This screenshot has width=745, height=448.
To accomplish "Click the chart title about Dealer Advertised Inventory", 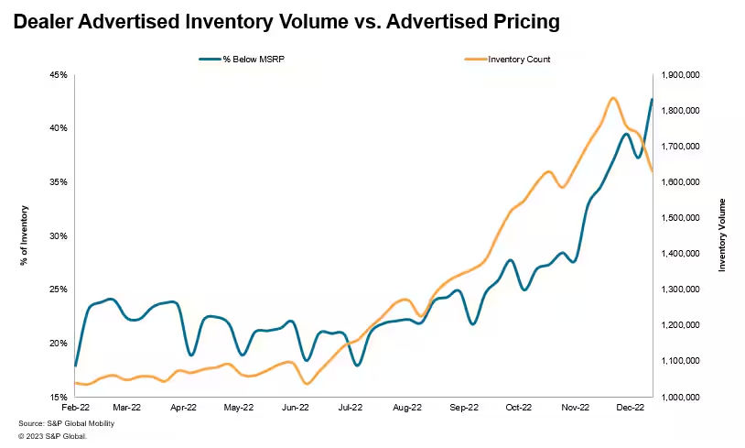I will pyautogui.click(x=286, y=21).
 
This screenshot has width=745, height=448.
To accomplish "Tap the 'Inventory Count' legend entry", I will pyautogui.click(x=519, y=59).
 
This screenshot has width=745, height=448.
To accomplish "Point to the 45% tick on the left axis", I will pyautogui.click(x=59, y=75).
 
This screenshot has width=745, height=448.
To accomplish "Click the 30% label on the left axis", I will pyautogui.click(x=59, y=236).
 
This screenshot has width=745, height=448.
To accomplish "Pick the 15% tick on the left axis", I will pyautogui.click(x=59, y=398).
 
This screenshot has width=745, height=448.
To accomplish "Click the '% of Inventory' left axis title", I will pyautogui.click(x=24, y=236).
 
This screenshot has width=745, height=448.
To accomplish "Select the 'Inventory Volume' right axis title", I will pyautogui.click(x=721, y=235).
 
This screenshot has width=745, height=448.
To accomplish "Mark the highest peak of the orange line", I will pyautogui.click(x=612, y=98).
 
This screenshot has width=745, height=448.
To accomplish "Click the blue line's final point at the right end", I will pyautogui.click(x=652, y=99).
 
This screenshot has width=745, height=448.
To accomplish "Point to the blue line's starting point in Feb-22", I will pyautogui.click(x=75, y=366).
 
